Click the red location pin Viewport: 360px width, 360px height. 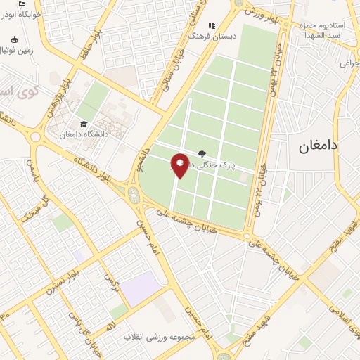point(180,165)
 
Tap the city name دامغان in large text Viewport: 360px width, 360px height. point(319,146)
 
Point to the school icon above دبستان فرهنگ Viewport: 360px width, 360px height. point(212,25)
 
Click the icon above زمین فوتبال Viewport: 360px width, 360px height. point(15,39)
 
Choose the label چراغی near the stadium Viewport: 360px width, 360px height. point(349,63)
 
